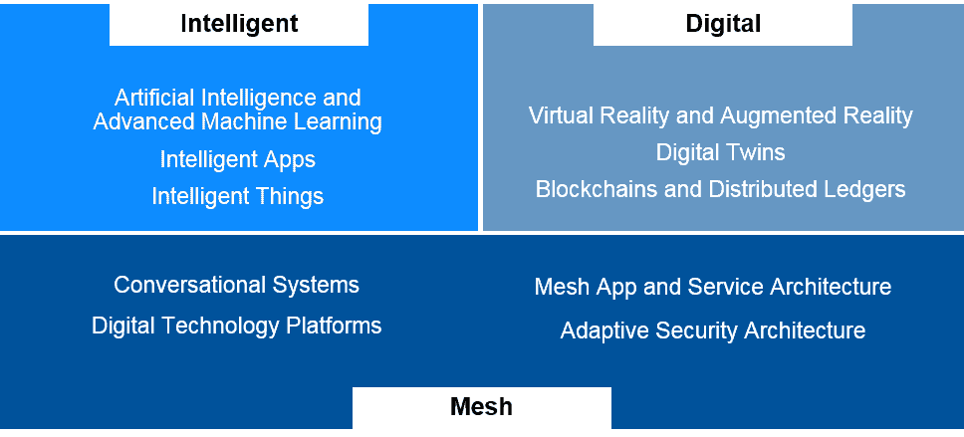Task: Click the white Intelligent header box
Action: coord(239,24)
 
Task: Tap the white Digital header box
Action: coord(723,24)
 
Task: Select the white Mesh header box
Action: coord(481,407)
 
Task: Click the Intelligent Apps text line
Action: coord(238,159)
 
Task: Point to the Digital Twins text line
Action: coord(720,152)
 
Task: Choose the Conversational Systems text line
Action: coord(236,285)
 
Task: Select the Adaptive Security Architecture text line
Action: coord(712,330)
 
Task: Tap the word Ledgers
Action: coord(864,189)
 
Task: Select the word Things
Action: coord(288,196)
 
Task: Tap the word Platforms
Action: coord(335,326)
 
